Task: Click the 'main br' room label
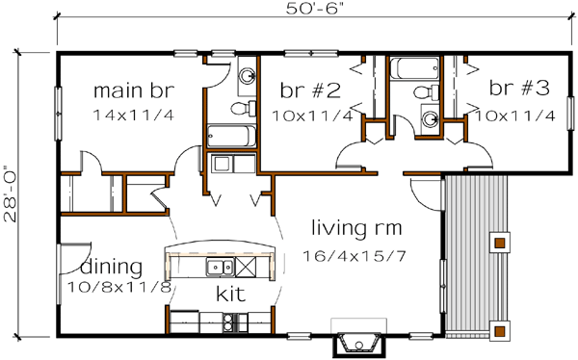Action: (x=133, y=91)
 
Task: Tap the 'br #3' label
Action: (x=519, y=90)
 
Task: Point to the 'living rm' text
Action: (x=356, y=228)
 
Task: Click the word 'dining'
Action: (x=112, y=266)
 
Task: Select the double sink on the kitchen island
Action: (x=219, y=267)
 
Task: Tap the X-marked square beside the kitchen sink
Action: (x=247, y=267)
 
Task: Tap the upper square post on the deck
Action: (x=500, y=237)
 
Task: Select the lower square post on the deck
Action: (x=500, y=329)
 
